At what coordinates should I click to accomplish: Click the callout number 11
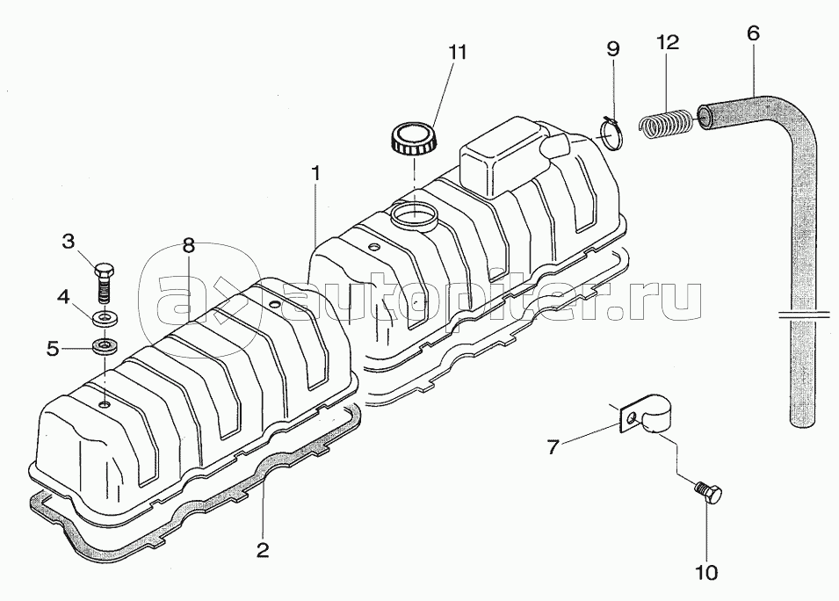[x=458, y=53]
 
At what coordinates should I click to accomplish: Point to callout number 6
[x=752, y=33]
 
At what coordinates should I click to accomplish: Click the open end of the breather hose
[x=705, y=115]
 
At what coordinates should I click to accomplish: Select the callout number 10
[x=705, y=572]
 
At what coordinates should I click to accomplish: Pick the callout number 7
[x=553, y=446]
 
